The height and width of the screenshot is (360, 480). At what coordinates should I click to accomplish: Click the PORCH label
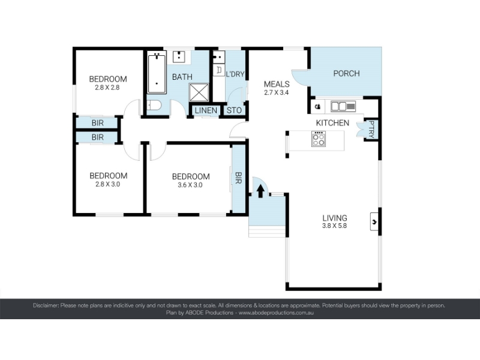pos(346,73)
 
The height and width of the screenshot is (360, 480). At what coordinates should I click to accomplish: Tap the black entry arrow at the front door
pos(260,191)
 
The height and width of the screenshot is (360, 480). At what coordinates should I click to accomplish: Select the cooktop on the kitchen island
pos(319,139)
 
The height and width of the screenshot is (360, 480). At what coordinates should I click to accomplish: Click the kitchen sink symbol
pos(343,106)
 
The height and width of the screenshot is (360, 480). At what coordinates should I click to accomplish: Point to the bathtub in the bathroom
pos(157,73)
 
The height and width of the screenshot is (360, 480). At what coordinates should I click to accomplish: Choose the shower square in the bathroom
pos(199,92)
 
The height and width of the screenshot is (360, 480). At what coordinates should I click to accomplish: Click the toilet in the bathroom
pos(154,106)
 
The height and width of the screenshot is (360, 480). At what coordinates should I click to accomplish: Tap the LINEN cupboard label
pos(206,110)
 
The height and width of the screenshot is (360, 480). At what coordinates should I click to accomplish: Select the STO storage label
pos(234,110)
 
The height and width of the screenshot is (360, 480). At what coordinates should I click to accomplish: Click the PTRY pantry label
pos(371,130)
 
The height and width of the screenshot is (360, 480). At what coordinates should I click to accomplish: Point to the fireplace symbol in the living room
pos(374,221)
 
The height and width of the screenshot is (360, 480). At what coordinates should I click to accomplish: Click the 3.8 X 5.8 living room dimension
pos(335,226)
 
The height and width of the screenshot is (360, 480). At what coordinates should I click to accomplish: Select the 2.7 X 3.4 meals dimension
pos(277,92)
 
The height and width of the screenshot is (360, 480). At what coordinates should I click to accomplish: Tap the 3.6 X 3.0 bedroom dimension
pos(190,185)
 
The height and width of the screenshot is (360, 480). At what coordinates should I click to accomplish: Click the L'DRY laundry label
pos(235,74)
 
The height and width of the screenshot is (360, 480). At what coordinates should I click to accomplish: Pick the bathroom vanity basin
pos(179,57)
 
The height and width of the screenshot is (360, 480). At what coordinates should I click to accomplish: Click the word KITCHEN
pos(332,123)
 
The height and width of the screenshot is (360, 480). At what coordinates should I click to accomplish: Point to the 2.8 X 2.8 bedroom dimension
pos(107,88)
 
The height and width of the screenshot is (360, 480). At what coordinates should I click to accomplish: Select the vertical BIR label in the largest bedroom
pos(238,178)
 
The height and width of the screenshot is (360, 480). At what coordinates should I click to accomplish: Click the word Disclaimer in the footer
pos(46,305)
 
